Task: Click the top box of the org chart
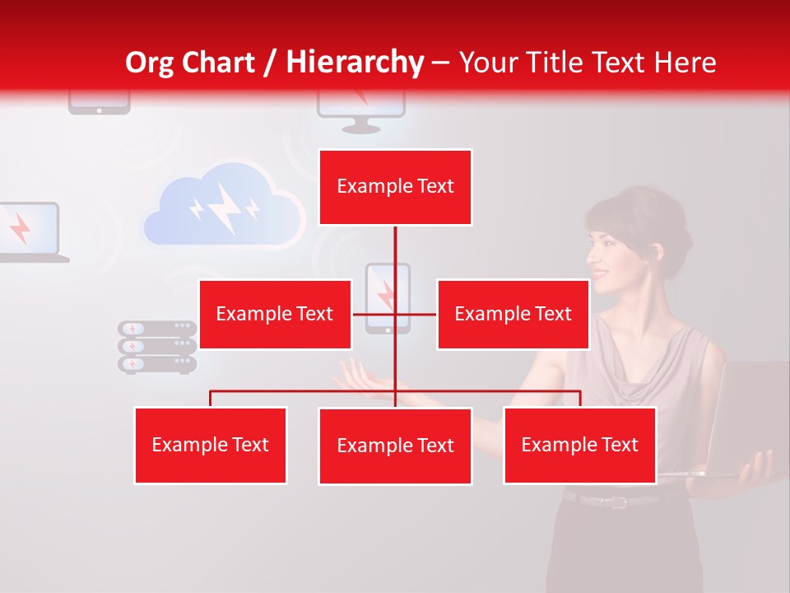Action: [395, 187]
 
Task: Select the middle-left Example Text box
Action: [275, 314]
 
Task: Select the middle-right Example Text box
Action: [513, 314]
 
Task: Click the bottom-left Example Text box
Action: [211, 445]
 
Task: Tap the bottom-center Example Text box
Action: [395, 446]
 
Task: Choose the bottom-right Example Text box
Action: [579, 445]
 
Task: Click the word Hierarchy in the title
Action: [355, 63]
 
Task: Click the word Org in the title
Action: [150, 63]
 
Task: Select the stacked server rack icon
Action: [157, 347]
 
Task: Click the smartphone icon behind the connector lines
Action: [387, 297]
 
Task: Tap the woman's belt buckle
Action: [613, 500]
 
